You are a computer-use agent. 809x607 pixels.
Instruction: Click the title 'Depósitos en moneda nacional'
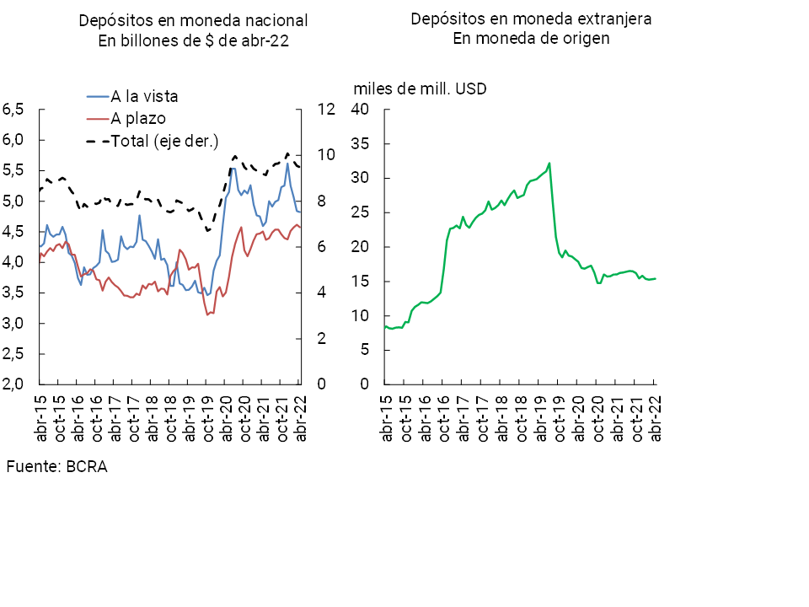pos(194,19)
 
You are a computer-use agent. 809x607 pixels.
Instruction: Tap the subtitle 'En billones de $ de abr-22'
pos(194,43)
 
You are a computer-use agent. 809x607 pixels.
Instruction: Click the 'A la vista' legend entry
pos(145,96)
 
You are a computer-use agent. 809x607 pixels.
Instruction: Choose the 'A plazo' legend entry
pos(138,119)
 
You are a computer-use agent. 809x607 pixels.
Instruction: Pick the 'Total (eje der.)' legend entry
pos(164,141)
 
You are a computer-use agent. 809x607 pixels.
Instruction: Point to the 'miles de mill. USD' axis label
pos(420,89)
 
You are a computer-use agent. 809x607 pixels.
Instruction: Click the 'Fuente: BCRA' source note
pos(57,466)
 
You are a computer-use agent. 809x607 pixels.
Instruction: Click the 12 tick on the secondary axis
pos(326,110)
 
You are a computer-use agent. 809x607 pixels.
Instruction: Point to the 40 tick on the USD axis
pos(361,110)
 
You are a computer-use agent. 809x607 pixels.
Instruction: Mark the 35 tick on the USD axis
pos(361,144)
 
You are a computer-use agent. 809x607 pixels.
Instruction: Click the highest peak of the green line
pos(549,164)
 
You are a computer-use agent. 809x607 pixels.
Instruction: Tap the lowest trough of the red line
pos(207,314)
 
